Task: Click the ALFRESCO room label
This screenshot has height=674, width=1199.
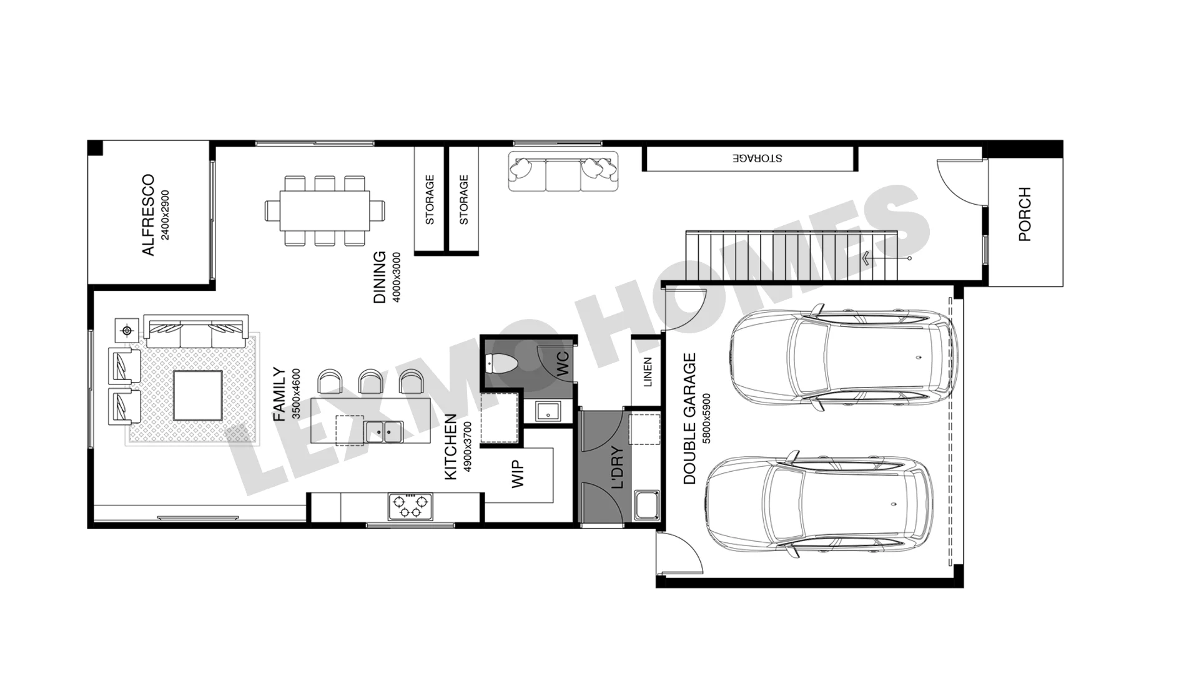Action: [x=148, y=215]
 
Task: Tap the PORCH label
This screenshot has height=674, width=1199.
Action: [x=1024, y=214]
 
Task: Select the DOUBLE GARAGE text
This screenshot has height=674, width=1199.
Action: [x=689, y=419]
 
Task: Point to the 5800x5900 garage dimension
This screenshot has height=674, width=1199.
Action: [x=706, y=419]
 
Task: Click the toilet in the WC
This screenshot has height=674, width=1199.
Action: [x=500, y=363]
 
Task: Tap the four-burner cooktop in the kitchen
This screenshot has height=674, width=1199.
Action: [x=410, y=506]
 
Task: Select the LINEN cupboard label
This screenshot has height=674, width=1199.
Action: [x=648, y=372]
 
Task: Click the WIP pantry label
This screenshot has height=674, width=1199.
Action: [x=518, y=474]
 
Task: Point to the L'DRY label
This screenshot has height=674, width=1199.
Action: [x=617, y=467]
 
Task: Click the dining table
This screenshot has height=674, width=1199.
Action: [x=325, y=210]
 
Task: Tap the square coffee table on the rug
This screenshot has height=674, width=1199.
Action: [x=197, y=396]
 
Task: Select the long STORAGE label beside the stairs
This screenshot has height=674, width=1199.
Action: [x=757, y=158]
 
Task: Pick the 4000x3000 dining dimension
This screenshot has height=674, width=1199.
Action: [x=397, y=278]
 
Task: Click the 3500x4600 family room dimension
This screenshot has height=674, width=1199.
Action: [x=296, y=394]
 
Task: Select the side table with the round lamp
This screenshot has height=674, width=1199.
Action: [x=127, y=330]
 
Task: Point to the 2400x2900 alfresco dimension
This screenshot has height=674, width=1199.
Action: [x=165, y=215]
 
